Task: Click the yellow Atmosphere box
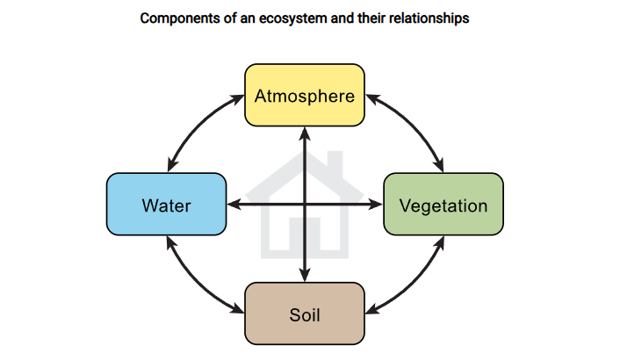point(305,95)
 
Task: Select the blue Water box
point(166,205)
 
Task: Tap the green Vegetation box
point(443,205)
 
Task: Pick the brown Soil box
point(305,313)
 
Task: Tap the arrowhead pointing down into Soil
point(305,275)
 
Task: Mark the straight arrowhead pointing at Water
point(234,205)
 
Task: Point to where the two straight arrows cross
point(305,205)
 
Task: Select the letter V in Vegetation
point(405,205)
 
